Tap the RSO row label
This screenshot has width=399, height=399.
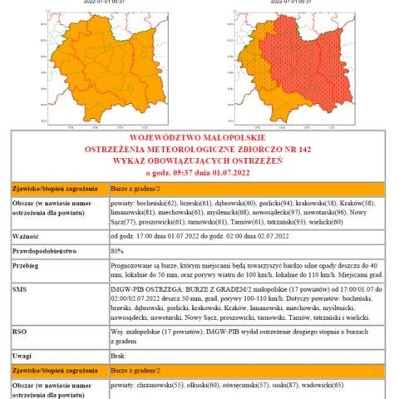pyautogui.click(x=19, y=329)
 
